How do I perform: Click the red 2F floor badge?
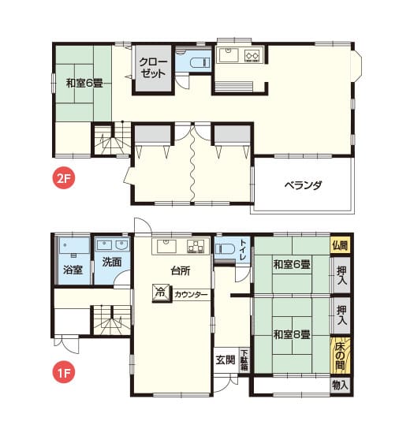click(x=64, y=178)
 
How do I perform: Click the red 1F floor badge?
click(x=64, y=373)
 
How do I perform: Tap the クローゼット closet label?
click(x=153, y=68)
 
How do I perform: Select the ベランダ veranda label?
click(x=304, y=185)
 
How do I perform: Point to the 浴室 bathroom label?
click(x=73, y=270)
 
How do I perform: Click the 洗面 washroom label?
click(x=112, y=262)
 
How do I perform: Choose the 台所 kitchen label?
click(x=181, y=270)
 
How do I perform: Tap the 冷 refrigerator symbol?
click(x=161, y=293)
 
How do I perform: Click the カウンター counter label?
click(x=191, y=294)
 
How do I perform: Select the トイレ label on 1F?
click(x=242, y=250)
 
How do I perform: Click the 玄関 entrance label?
click(x=226, y=360)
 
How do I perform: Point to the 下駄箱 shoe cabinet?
click(x=244, y=360)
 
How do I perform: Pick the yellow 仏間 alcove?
click(x=340, y=245)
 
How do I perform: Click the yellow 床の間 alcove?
click(x=340, y=356)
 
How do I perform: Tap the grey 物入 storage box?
click(x=340, y=386)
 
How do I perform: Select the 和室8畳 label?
click(x=292, y=334)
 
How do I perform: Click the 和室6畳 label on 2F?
click(x=84, y=83)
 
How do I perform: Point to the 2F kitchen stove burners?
click(x=252, y=55)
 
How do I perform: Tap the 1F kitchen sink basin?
click(x=166, y=246)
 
